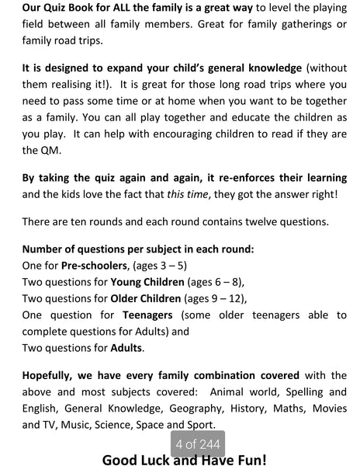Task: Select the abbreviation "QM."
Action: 35,149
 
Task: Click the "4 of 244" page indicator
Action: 199,444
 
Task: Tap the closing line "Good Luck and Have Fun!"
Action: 184,459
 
